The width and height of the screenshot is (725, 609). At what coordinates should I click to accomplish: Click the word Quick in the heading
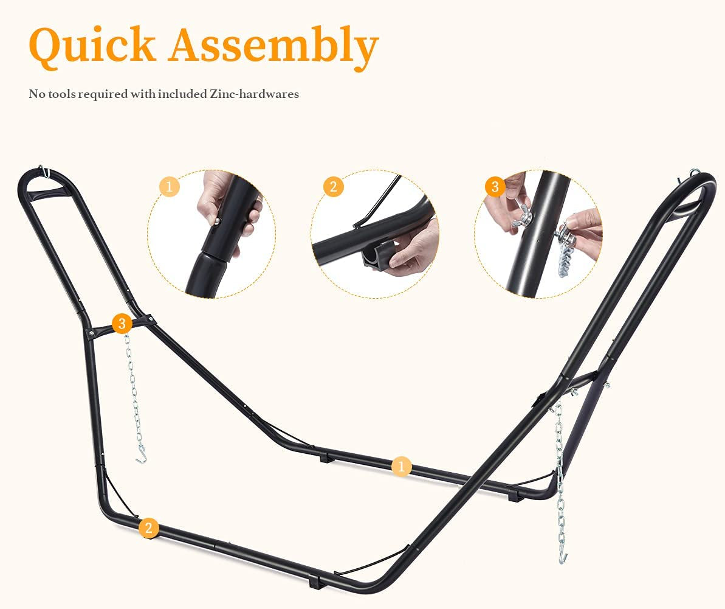pos(92,46)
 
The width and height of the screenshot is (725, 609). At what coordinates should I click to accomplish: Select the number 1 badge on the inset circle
pos(169,187)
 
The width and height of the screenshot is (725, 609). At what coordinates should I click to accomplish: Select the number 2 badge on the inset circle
pos(334,187)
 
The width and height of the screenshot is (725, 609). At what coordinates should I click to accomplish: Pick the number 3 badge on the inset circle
pos(495,187)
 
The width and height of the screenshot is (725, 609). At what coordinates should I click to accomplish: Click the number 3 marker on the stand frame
pos(122,323)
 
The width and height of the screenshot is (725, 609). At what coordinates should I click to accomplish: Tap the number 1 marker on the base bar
pos(401,466)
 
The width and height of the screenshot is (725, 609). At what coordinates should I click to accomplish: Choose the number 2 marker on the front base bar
pos(148,527)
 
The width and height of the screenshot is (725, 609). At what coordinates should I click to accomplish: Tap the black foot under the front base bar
pos(315,580)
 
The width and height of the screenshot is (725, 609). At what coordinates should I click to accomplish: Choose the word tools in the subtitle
pos(60,94)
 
